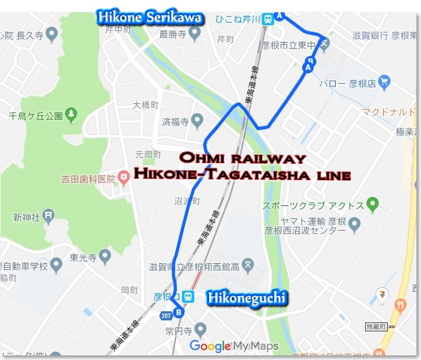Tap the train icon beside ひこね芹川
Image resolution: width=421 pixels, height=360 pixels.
[268, 19]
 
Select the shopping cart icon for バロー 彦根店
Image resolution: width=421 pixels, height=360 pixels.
[385, 82]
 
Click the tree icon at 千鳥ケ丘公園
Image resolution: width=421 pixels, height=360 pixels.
[71, 116]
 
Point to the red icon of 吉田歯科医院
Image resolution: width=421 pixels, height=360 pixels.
[123, 178]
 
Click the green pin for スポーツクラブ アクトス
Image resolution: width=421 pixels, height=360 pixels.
[372, 205]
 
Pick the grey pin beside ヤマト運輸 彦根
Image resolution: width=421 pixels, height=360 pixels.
[354, 225]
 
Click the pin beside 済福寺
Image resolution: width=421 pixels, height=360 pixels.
[199, 121]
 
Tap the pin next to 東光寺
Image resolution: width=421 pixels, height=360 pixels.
[57, 263]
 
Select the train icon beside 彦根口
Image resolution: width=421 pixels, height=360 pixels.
[187, 296]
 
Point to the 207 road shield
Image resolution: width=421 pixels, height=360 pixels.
[165, 315]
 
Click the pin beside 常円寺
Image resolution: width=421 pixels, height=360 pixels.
[201, 329]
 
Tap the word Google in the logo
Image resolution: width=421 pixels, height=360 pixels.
[210, 346]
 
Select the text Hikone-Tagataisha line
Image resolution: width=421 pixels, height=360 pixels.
[242, 175]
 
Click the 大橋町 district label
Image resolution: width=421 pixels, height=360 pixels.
[145, 104]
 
